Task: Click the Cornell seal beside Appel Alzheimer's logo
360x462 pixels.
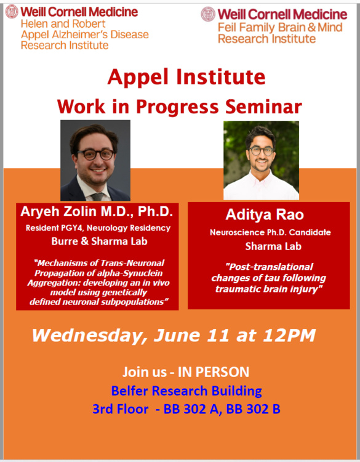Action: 12,12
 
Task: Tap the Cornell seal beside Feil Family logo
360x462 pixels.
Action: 208,14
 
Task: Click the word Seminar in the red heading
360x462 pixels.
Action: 263,107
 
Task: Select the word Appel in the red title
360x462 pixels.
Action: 138,77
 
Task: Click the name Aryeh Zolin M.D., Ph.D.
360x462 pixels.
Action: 97,211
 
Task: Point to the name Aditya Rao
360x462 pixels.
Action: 265,214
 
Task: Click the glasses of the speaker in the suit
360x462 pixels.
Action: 96,155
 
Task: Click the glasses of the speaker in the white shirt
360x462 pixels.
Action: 261,151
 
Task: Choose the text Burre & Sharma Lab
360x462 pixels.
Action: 99,241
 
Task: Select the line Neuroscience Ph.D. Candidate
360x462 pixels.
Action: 270,232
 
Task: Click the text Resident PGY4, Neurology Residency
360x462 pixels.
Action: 98,228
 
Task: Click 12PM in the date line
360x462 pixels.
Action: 289,335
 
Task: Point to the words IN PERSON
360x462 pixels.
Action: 214,372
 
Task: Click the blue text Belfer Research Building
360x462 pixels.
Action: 186,391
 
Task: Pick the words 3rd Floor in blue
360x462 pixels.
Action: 121,409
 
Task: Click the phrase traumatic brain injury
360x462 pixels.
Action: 268,289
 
